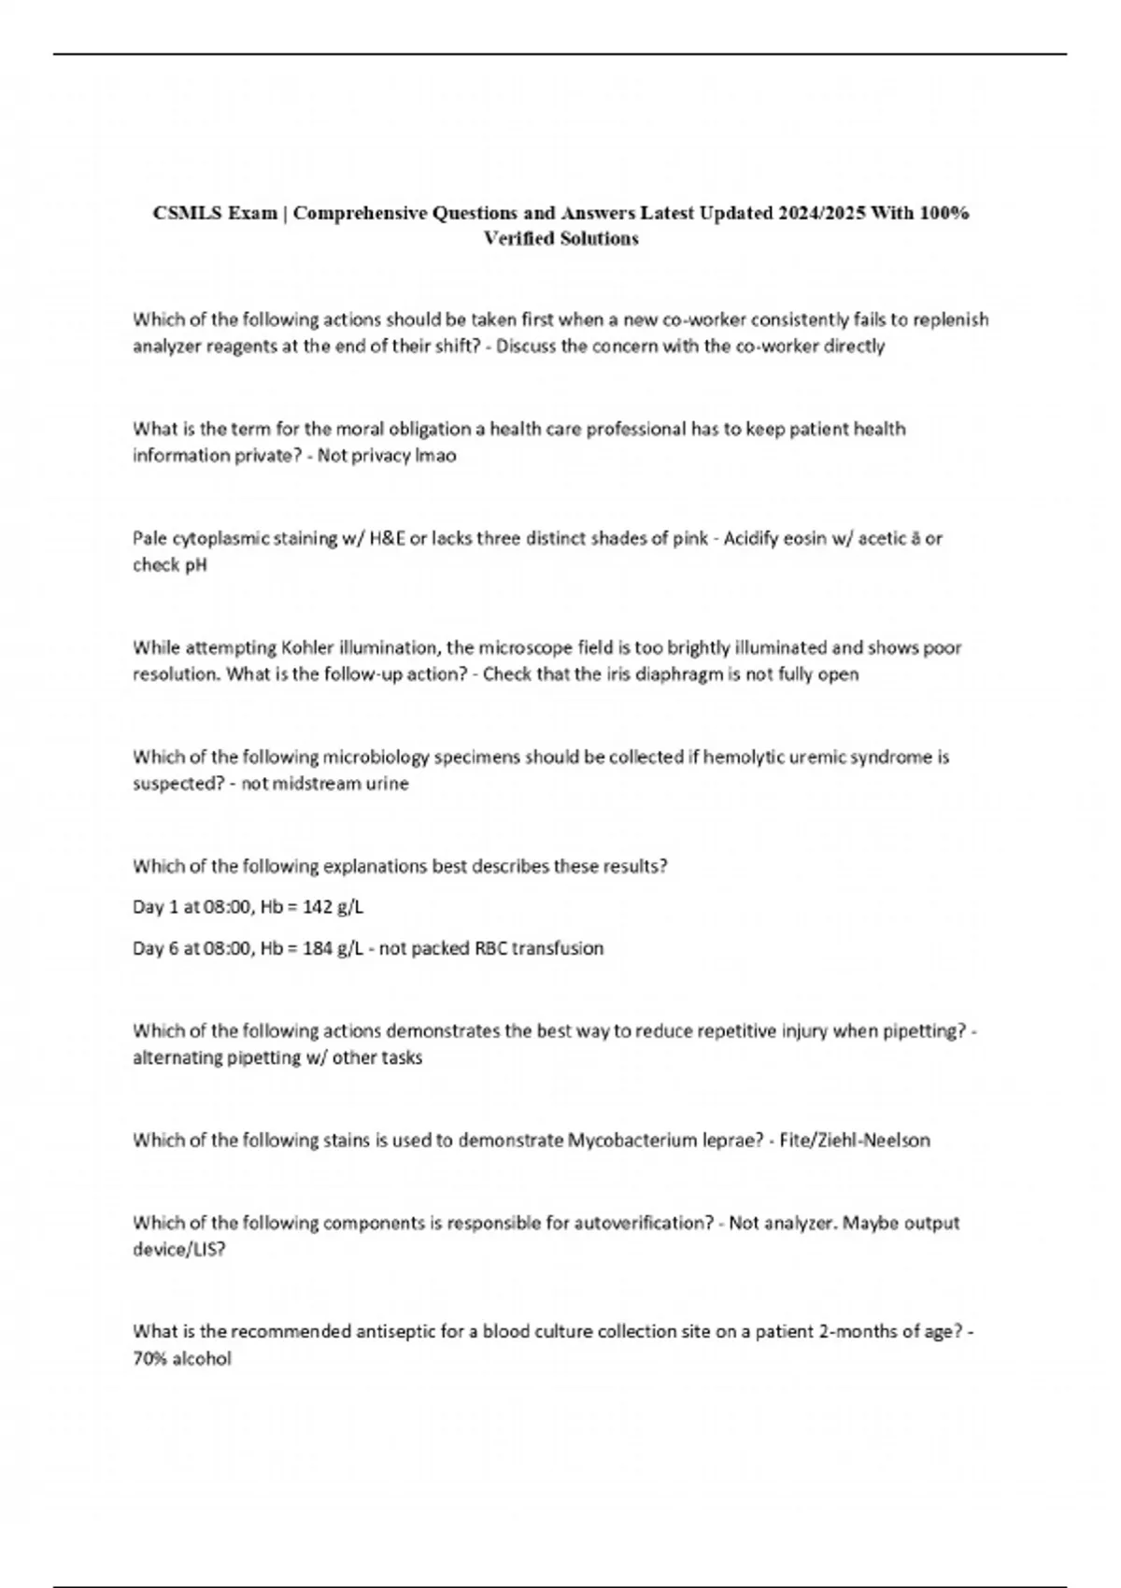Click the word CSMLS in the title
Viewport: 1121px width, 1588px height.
[188, 213]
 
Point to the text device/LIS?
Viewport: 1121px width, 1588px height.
[179, 1250]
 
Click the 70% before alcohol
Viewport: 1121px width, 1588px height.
[149, 1359]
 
